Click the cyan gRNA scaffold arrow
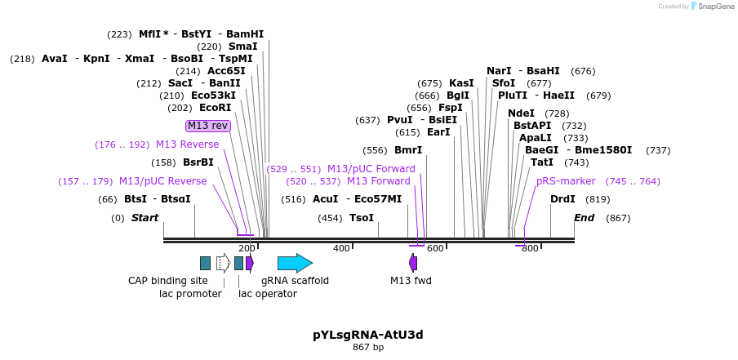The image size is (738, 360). pyautogui.click(x=295, y=263)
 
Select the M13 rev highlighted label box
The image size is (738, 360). pyautogui.click(x=208, y=126)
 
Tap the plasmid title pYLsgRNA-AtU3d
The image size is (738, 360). pyautogui.click(x=367, y=335)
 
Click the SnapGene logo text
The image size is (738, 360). pyautogui.click(x=714, y=7)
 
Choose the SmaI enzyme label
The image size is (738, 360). pyautogui.click(x=242, y=47)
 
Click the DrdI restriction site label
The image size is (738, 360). pyautogui.click(x=562, y=199)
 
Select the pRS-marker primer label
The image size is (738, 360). pyautogui.click(x=566, y=181)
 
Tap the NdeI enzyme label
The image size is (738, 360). pyautogui.click(x=521, y=113)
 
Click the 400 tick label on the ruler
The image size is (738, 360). pyautogui.click(x=341, y=248)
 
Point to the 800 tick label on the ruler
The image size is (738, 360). pyautogui.click(x=530, y=248)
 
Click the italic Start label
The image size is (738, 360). pyautogui.click(x=144, y=218)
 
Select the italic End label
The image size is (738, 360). pyautogui.click(x=584, y=218)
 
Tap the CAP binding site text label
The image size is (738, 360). pyautogui.click(x=168, y=281)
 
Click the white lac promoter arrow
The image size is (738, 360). pyautogui.click(x=223, y=263)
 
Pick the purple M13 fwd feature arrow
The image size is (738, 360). pyautogui.click(x=413, y=263)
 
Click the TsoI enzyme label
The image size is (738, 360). pyautogui.click(x=361, y=218)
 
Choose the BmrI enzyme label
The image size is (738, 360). pyautogui.click(x=408, y=150)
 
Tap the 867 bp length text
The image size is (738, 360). pyautogui.click(x=367, y=348)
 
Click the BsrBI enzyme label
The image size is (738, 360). pyautogui.click(x=198, y=162)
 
